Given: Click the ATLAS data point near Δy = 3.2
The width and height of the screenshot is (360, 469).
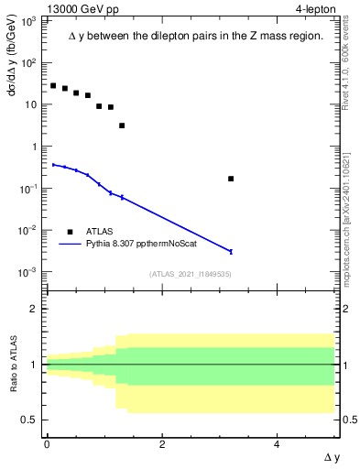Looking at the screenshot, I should coord(231,179).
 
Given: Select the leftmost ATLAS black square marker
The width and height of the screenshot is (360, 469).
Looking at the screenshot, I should coord(53,85).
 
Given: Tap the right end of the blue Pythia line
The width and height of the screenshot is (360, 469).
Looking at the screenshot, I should coord(231,251).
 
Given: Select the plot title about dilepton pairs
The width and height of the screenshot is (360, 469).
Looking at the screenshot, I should coord(196,37).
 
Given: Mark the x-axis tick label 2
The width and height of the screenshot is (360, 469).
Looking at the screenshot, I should coord(162,444).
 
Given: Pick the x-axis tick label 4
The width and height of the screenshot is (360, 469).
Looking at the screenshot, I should coord(278,444).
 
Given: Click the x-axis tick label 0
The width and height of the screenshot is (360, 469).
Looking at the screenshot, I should coord(47,444).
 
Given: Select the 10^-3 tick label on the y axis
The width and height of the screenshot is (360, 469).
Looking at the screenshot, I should coord(28,272).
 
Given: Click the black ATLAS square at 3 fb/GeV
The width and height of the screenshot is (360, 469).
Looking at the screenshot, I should coord(122,125).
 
